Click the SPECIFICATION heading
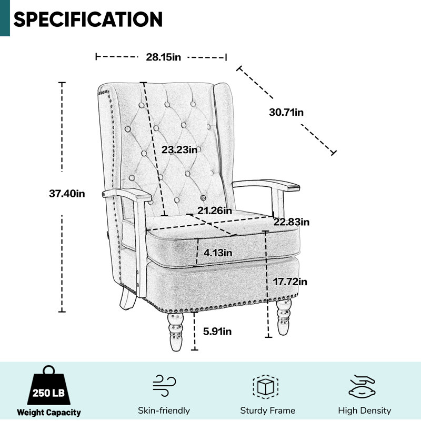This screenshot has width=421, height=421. click(x=88, y=19)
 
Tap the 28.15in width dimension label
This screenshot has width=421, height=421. click(x=163, y=57)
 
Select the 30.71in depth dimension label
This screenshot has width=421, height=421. click(x=286, y=112)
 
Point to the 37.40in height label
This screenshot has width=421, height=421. click(x=67, y=193)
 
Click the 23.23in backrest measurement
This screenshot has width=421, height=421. click(x=179, y=149)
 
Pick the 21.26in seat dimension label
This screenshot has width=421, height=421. click(x=215, y=210)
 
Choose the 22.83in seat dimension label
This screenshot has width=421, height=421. click(x=292, y=222)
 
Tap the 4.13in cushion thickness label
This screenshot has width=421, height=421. click(x=218, y=253)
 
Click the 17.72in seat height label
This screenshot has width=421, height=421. click(x=290, y=282)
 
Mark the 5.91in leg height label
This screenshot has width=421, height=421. click(x=217, y=332)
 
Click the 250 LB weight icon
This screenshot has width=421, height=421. click(x=48, y=385)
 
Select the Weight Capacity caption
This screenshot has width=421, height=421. click(x=48, y=412)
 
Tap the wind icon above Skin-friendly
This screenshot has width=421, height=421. click(x=164, y=386)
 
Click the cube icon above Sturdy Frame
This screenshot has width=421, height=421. click(x=265, y=387)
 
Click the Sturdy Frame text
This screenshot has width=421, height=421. click(x=268, y=410)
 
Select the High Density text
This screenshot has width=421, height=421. click(x=364, y=410)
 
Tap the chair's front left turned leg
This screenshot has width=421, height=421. click(x=176, y=332)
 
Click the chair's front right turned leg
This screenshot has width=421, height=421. click(x=284, y=317)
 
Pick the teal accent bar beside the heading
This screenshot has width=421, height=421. click(x=5, y=18)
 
